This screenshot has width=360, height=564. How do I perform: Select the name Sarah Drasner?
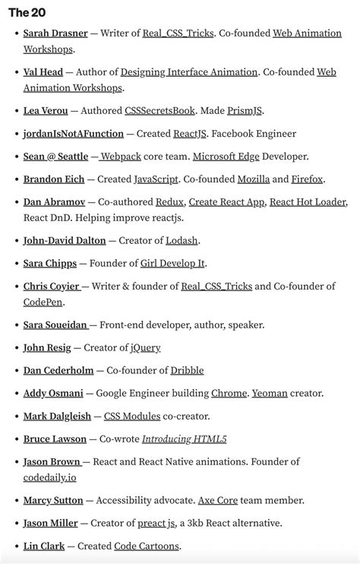coord(55,33)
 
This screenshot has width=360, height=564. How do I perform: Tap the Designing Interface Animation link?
coord(189,72)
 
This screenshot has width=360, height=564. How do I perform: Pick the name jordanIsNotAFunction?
coord(73,134)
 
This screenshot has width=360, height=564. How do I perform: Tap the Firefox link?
coord(308,179)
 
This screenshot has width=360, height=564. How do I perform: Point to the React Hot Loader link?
coord(308,202)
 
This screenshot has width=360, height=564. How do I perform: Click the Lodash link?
coord(182,240)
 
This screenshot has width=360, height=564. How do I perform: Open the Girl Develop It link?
coord(173,263)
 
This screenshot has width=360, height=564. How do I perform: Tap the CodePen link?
coord(44,302)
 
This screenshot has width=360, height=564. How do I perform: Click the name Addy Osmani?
coord(52,393)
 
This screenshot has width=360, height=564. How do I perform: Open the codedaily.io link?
coord(49,477)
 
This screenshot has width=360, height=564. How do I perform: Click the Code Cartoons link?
coord(147,546)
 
